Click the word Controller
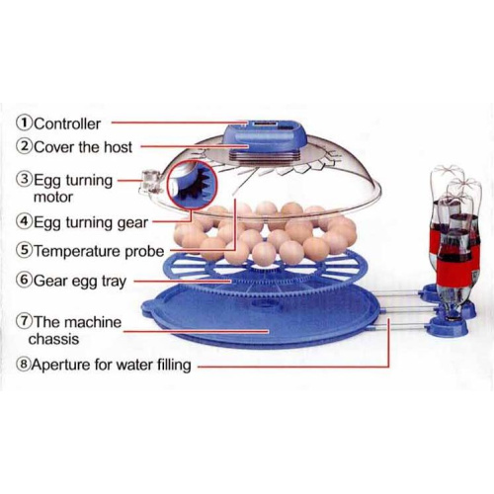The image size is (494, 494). click(67, 124)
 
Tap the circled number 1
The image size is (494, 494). click(25, 123)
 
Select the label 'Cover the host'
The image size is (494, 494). click(83, 147)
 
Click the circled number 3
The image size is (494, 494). click(25, 180)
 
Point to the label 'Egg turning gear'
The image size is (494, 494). click(91, 223)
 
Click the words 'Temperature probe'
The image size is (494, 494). click(99, 251)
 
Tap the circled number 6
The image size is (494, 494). click(25, 281)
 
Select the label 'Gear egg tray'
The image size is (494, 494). click(80, 282)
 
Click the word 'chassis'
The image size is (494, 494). click(53, 339)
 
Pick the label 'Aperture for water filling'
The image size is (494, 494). click(112, 365)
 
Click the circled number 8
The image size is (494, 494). click(24, 365)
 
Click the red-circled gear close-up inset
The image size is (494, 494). click(193, 185)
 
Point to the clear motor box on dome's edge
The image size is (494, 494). click(150, 182)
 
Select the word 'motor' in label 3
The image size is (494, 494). click(53, 198)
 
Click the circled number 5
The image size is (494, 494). click(25, 251)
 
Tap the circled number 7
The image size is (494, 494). click(25, 321)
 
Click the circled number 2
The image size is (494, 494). click(25, 146)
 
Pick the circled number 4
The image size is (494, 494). click(25, 221)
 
